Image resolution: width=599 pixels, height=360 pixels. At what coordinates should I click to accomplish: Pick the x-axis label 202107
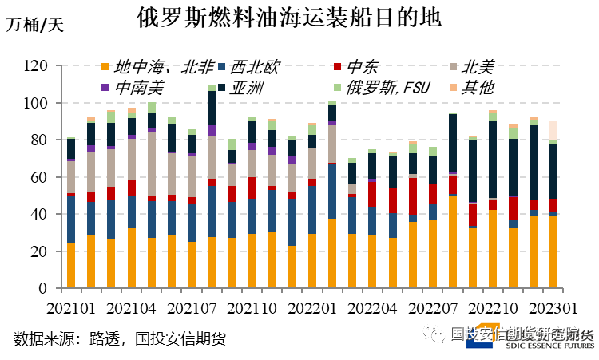(x=191, y=307)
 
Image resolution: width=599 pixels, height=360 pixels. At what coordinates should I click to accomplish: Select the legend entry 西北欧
(x=255, y=66)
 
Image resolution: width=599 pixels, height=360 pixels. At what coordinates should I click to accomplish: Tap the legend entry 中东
(x=355, y=66)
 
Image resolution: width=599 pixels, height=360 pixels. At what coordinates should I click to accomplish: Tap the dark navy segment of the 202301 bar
(x=553, y=172)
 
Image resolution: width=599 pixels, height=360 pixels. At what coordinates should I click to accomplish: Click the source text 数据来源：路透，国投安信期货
(x=119, y=339)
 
